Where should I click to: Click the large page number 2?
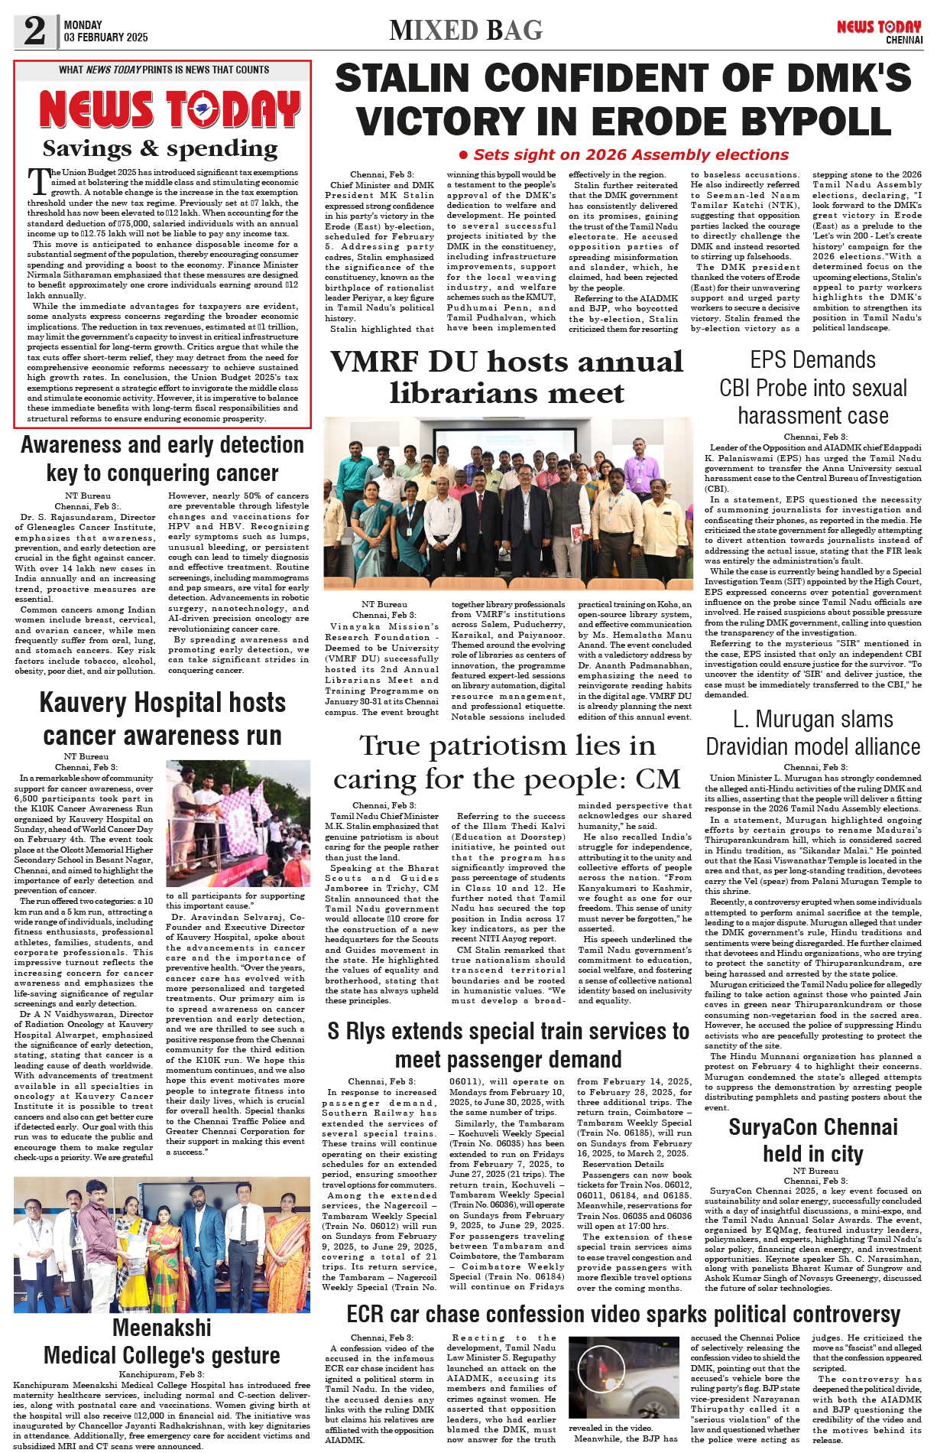[34, 31]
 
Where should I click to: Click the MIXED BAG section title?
[465, 31]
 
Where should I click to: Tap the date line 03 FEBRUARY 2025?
[106, 37]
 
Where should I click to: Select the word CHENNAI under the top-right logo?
[904, 40]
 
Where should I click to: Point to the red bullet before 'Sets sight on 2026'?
[463, 155]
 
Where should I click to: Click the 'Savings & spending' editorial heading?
[160, 148]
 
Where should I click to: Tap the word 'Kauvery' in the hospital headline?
[83, 703]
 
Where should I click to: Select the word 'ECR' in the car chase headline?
[365, 1314]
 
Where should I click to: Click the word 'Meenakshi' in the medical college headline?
[162, 1328]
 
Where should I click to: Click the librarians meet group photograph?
[507, 503]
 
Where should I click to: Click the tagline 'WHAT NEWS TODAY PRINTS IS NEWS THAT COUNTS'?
[164, 70]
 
